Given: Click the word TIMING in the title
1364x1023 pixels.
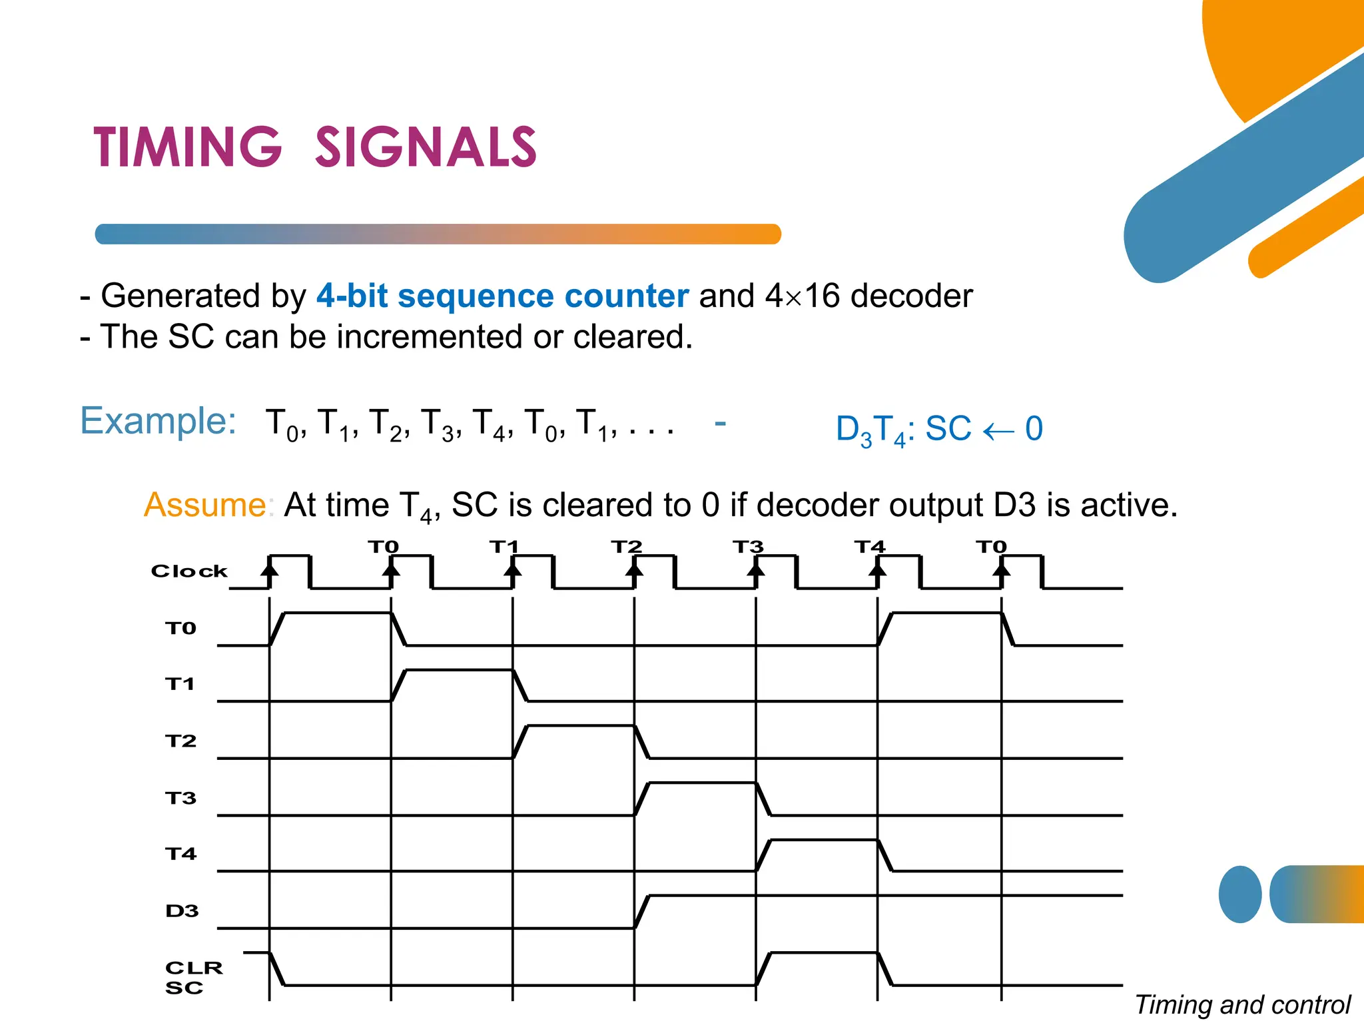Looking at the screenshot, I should tap(187, 147).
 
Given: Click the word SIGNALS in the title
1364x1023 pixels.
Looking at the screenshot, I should tap(426, 147).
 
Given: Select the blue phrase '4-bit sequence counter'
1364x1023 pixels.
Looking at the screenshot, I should tap(502, 296).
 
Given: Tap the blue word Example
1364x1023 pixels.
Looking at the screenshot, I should tap(158, 421).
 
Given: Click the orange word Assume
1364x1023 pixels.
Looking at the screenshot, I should tap(205, 505).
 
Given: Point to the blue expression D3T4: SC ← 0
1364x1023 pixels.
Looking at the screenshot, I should tap(939, 430).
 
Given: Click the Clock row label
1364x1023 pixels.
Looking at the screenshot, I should tap(189, 571).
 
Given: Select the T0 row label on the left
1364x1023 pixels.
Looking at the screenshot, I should tap(180, 629).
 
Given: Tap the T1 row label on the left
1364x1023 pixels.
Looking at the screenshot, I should tap(180, 684).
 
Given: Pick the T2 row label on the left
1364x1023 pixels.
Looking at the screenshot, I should tap(180, 741).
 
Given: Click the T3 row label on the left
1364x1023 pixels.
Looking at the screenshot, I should tap(180, 798).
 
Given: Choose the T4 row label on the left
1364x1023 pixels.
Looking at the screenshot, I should tap(180, 854).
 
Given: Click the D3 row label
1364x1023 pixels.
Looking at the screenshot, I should tap(182, 911).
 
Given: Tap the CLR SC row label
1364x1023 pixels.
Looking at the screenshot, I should tap(193, 978).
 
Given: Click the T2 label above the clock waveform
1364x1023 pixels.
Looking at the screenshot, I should tap(627, 547).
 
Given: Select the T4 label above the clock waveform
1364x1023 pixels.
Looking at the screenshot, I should tap(870, 547).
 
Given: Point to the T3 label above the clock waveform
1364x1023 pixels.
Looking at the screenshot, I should tap(748, 547).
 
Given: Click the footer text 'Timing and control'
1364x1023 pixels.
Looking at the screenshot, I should tap(1243, 1004).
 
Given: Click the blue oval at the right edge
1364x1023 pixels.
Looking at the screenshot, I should tap(1240, 894).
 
